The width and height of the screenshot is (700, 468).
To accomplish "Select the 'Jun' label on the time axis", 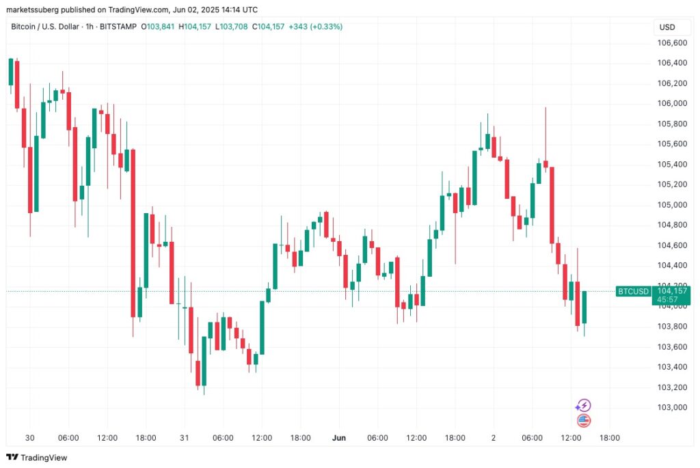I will [339, 438].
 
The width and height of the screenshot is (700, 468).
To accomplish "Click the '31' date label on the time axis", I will [185, 438].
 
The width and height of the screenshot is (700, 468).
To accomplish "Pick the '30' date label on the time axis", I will [30, 438].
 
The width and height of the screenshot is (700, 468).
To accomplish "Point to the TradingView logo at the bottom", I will [37, 457].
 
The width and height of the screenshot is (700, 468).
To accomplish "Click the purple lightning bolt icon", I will [584, 405].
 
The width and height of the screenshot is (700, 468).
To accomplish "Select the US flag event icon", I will [584, 420].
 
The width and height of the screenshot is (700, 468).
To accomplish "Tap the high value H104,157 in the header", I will [195, 27].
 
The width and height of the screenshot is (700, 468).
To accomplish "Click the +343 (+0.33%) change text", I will [316, 27].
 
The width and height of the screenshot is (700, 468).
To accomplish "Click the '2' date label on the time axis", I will [494, 438].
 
